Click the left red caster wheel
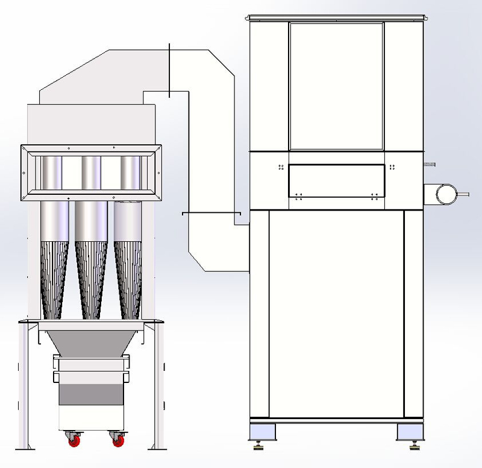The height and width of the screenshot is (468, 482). [x=74, y=441]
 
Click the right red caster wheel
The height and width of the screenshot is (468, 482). [x=116, y=441]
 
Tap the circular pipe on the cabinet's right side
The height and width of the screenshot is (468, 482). [x=446, y=194]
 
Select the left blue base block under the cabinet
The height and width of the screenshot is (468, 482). [x=261, y=432]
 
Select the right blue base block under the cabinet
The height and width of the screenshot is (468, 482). [x=410, y=432]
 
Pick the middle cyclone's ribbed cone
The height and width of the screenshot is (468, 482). [x=90, y=277]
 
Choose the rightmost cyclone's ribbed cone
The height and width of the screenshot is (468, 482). [x=128, y=277]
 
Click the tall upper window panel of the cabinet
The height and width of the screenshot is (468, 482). [x=336, y=86]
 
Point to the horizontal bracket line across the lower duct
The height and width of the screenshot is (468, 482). [x=211, y=213]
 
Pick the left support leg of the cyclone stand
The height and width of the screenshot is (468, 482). [x=25, y=386]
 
